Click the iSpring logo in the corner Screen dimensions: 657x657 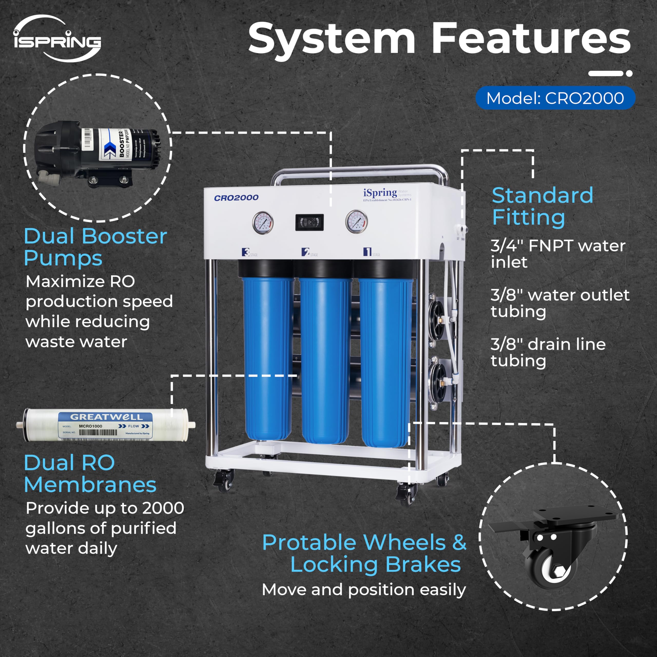57,39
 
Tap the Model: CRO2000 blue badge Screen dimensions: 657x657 555,98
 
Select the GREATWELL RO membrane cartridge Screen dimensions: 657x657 106,425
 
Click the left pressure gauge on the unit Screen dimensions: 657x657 263,223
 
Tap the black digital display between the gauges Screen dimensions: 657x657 309,223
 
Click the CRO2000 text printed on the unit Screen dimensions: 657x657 236,198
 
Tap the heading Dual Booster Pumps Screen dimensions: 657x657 95,247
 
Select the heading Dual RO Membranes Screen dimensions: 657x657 90,474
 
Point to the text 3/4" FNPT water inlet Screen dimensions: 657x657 558,254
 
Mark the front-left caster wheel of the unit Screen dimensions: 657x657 224,480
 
